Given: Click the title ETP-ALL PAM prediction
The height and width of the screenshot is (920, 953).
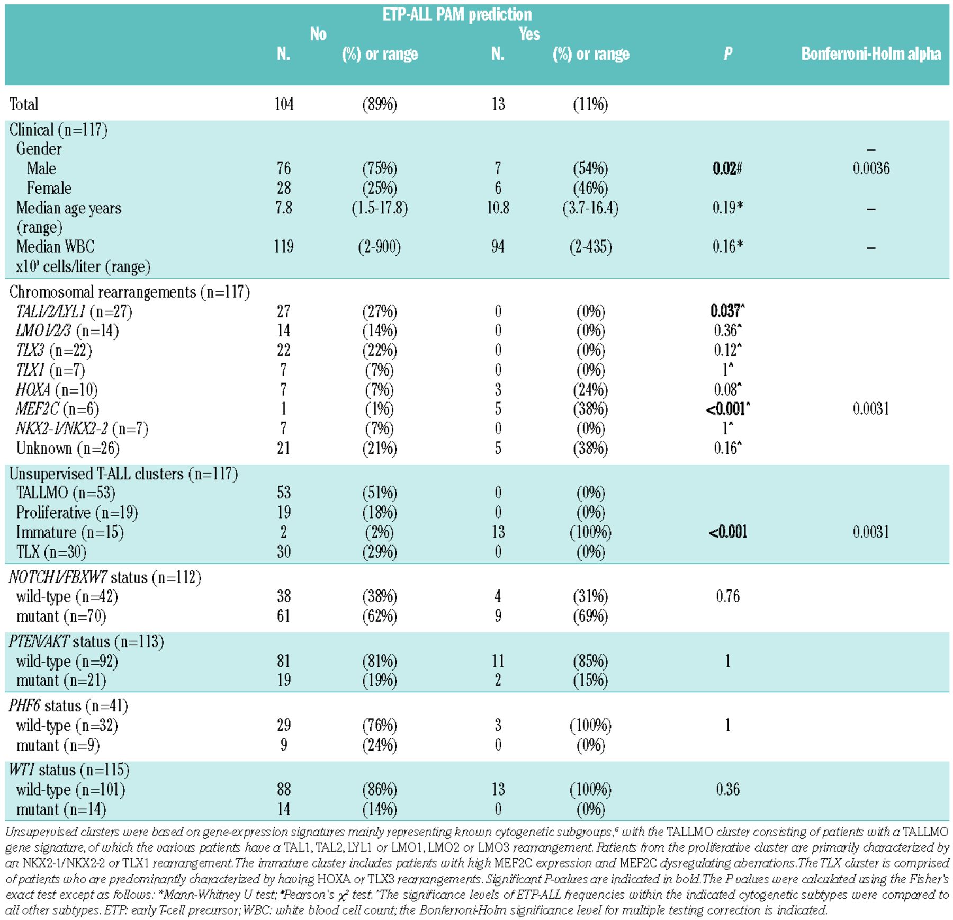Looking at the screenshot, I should point(457,14).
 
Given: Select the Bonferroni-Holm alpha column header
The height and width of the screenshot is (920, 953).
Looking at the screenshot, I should point(871,54).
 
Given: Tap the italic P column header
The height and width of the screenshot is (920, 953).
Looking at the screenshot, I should point(728,54).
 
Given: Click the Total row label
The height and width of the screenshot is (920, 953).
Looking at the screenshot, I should point(24,104).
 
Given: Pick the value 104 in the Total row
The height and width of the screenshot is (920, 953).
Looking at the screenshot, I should point(284,104).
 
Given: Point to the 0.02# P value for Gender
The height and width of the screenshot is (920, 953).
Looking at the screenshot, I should point(727,168).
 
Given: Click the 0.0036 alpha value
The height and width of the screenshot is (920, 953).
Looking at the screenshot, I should point(871,168).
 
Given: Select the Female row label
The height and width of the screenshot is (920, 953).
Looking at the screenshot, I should point(49,188).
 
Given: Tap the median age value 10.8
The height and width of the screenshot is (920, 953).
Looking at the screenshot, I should point(498,208).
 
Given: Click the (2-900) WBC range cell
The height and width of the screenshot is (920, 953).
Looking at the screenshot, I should point(379,247).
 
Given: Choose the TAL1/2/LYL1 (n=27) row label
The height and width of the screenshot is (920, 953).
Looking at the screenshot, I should point(74,311).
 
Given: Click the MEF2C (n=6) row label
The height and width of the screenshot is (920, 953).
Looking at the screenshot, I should point(58,409).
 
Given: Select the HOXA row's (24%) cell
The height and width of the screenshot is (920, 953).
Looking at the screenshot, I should point(590,390).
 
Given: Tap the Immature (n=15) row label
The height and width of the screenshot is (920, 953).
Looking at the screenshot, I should point(70,532).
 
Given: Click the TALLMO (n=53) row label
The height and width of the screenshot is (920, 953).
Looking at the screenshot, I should point(66,493).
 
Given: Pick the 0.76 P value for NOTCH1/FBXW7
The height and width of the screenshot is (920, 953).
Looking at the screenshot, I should point(727,596).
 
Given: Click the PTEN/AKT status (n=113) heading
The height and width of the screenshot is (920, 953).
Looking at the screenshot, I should point(86,642).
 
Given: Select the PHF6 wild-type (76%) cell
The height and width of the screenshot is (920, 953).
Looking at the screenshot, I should point(379,726).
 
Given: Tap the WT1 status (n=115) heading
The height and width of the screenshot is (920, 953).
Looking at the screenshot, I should point(69,770).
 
